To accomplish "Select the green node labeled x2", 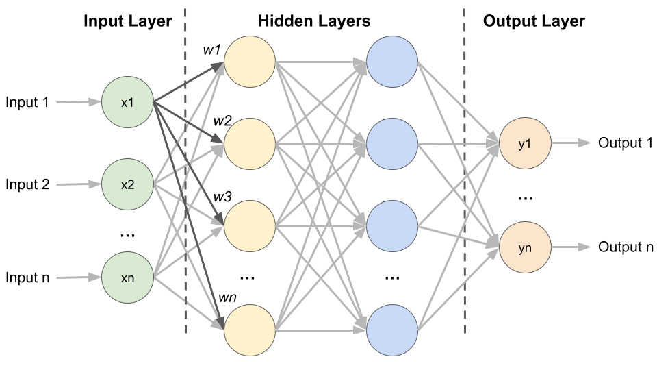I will click(x=127, y=184).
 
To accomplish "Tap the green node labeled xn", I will click(x=127, y=277).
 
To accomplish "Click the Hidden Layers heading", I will click(x=314, y=21).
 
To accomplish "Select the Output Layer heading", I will click(x=534, y=21).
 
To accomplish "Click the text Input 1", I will click(x=27, y=103).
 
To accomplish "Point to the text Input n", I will click(x=27, y=277).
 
